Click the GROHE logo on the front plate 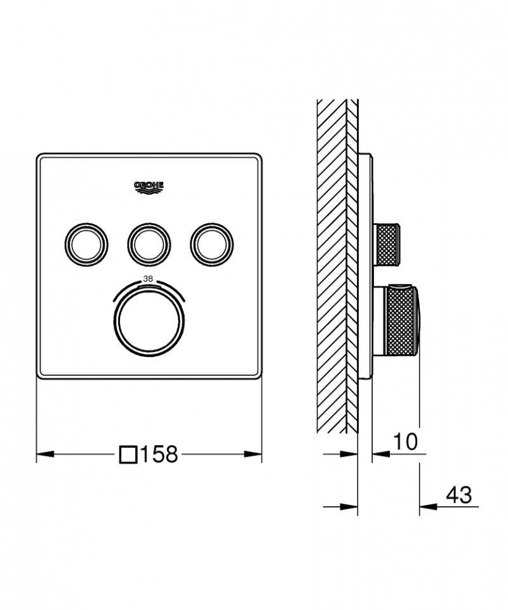[149, 186]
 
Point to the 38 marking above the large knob [149, 278]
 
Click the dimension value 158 [159, 454]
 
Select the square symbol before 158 [128, 454]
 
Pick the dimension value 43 [459, 494]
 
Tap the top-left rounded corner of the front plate [41, 156]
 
